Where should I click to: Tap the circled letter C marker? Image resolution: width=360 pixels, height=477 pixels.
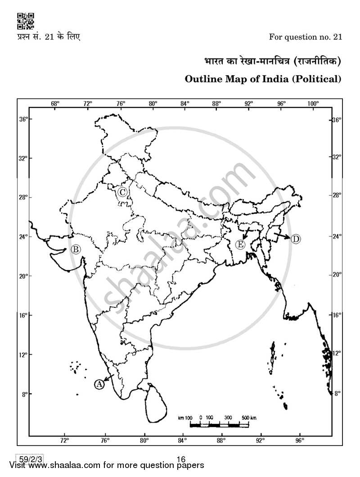(122, 192)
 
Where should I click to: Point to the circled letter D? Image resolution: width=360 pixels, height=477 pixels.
(295, 239)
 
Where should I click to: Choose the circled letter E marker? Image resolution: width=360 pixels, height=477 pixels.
(240, 244)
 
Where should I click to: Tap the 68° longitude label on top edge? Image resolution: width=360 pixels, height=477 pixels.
(55, 103)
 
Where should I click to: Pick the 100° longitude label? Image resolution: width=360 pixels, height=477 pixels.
(313, 103)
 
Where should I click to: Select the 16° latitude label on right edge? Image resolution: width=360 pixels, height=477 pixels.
(337, 315)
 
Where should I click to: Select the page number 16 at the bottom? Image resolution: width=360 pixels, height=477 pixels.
(181, 459)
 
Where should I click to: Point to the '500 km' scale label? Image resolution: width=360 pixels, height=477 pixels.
(249, 418)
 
